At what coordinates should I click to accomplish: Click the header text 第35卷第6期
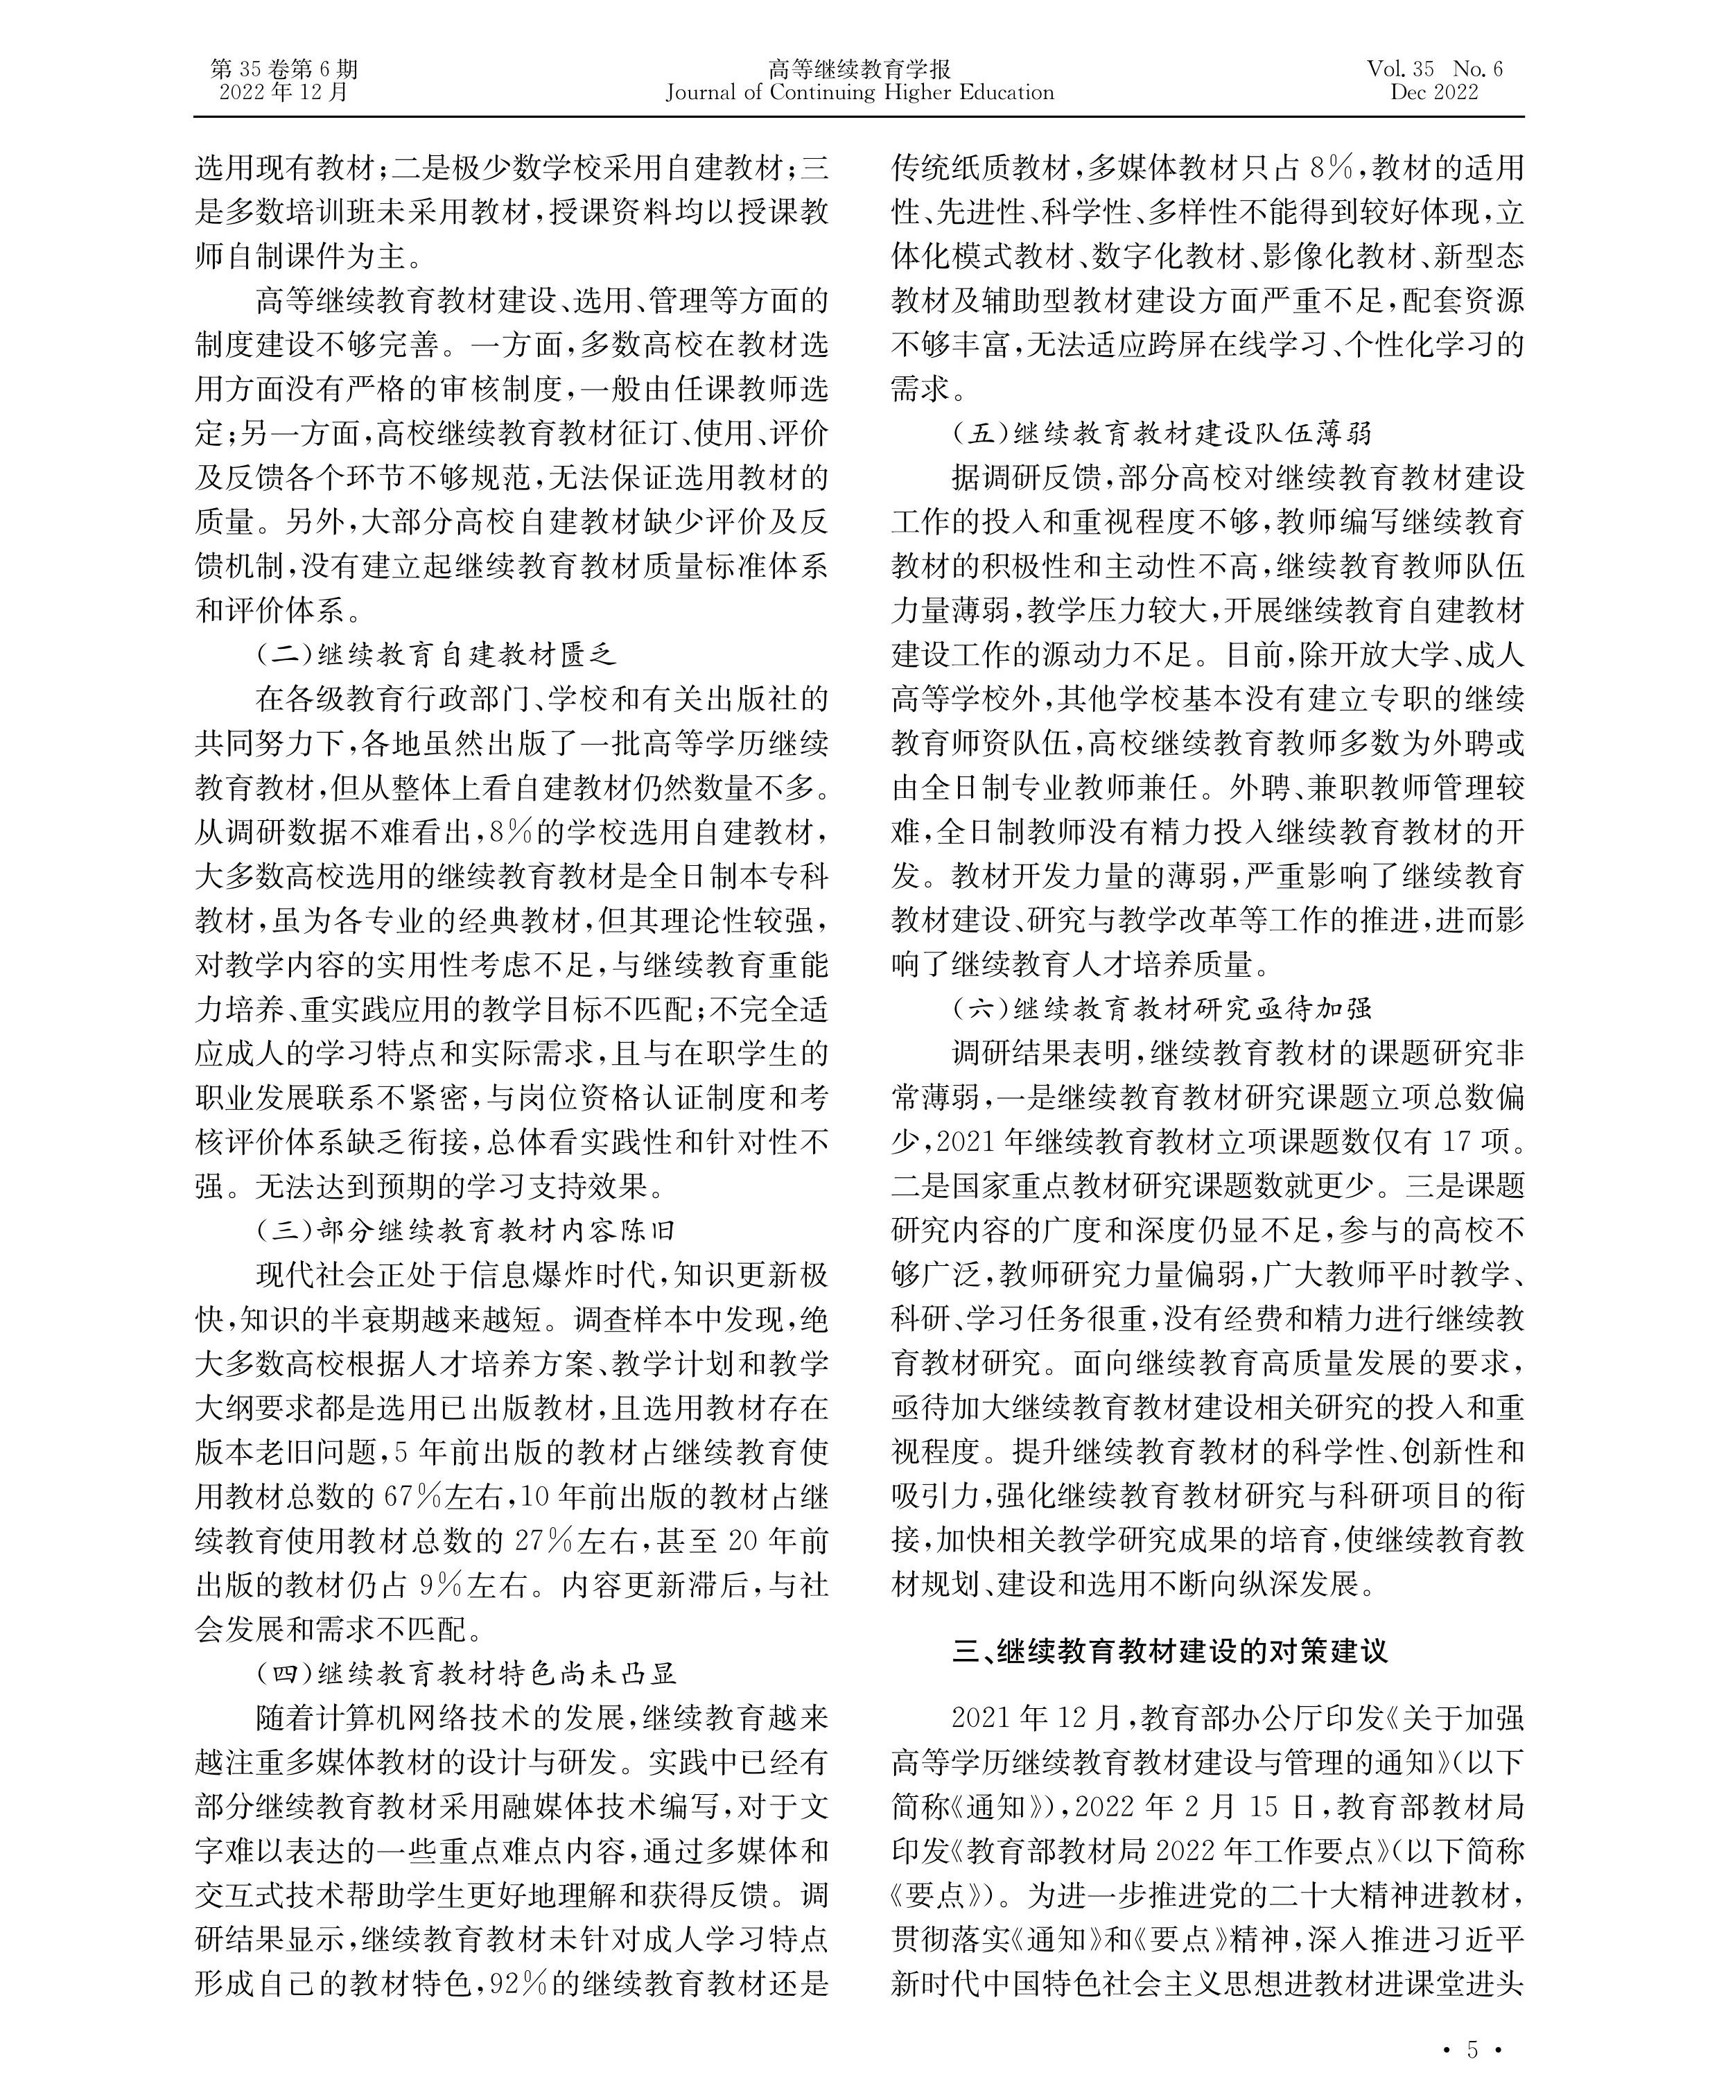coord(284,69)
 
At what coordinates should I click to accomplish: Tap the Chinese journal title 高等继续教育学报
coord(859,69)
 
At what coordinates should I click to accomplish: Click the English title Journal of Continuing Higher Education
coord(859,93)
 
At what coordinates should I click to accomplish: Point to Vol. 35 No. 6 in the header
coord(1434,69)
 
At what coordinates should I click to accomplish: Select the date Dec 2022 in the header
coord(1434,93)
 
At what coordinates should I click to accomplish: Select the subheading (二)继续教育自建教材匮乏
coord(437,654)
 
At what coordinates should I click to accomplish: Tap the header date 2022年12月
coord(284,93)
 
